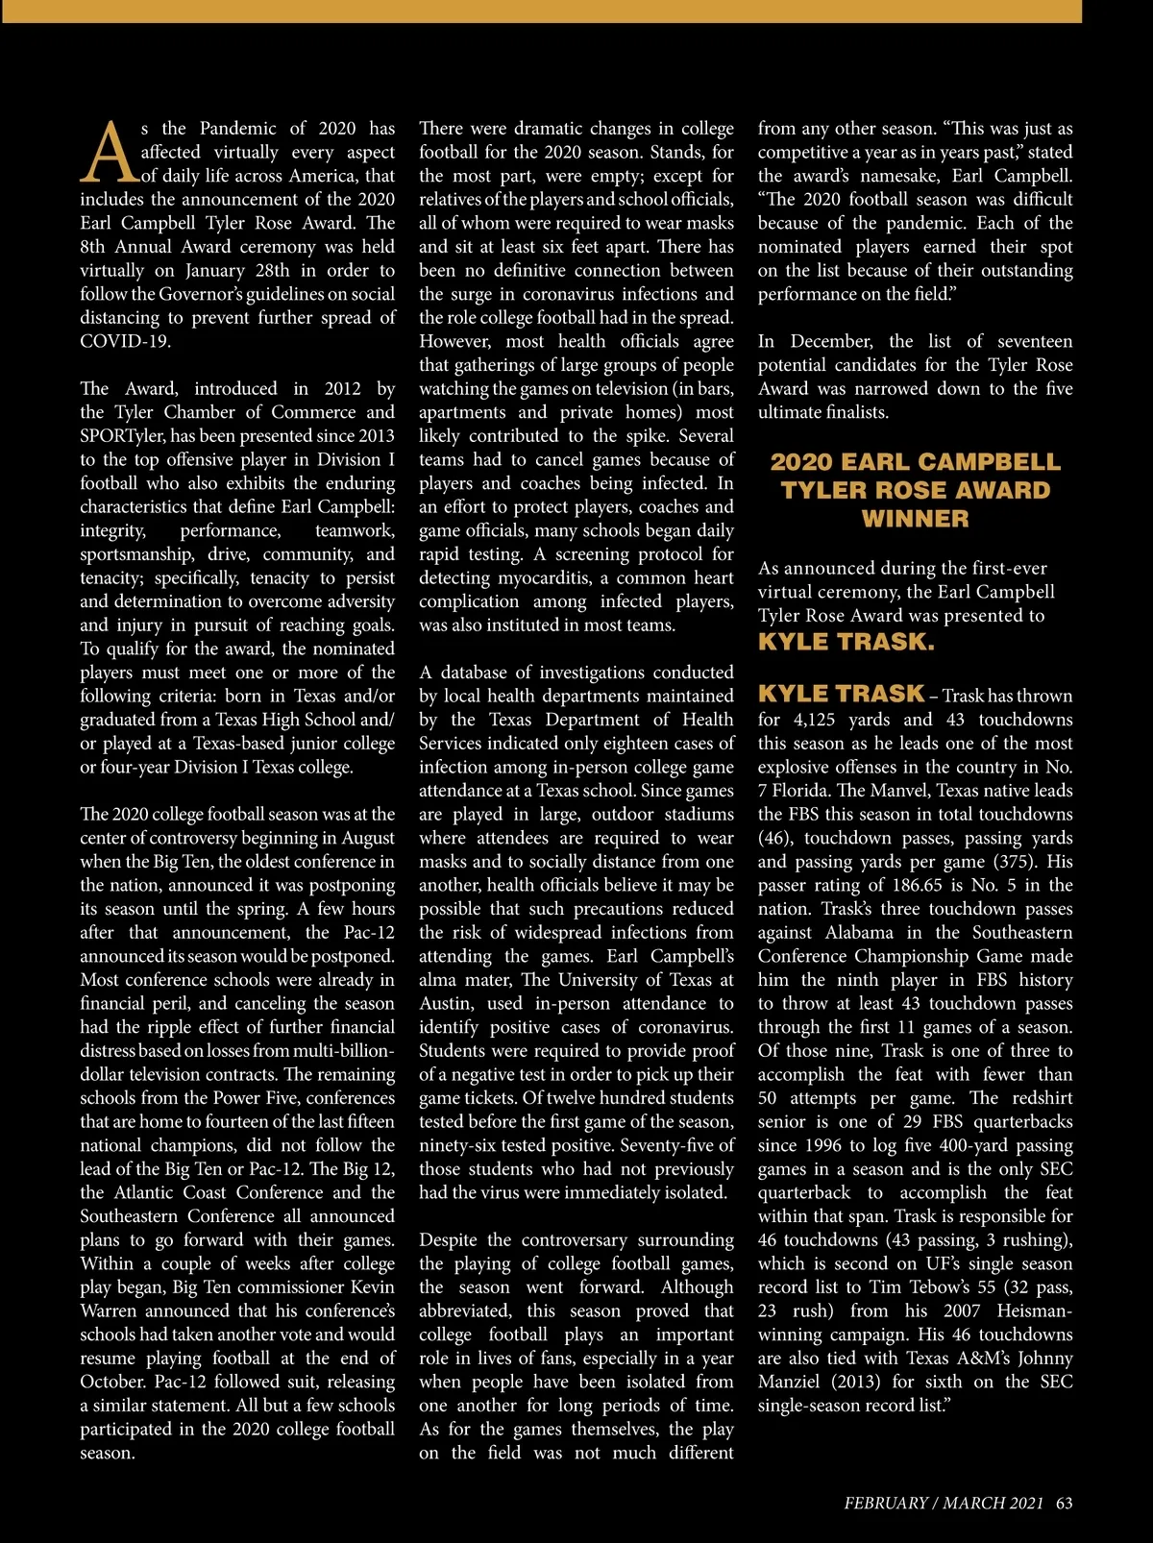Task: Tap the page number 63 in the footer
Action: (1064, 1504)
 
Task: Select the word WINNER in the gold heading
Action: (915, 519)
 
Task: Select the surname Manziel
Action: (795, 1382)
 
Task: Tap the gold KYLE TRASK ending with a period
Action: (846, 643)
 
